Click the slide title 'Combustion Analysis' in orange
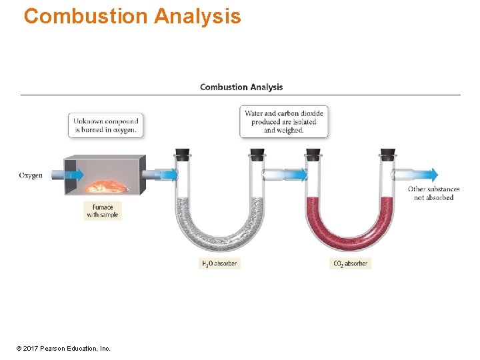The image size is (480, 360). pos(132,15)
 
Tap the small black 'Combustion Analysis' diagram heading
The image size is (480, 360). pos(241,87)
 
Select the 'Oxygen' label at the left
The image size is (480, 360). pos(31,175)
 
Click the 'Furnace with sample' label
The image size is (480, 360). pos(103,211)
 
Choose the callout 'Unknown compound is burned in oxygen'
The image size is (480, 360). pos(106,125)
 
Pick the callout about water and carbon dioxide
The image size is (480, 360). pos(284,122)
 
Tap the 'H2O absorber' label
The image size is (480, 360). pos(219,263)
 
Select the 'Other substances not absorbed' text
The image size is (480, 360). pos(433,193)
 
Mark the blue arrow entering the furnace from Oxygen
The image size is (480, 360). pos(73,175)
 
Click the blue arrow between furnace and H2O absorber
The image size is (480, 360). pos(167,175)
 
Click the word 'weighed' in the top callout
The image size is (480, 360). pos(290,131)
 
